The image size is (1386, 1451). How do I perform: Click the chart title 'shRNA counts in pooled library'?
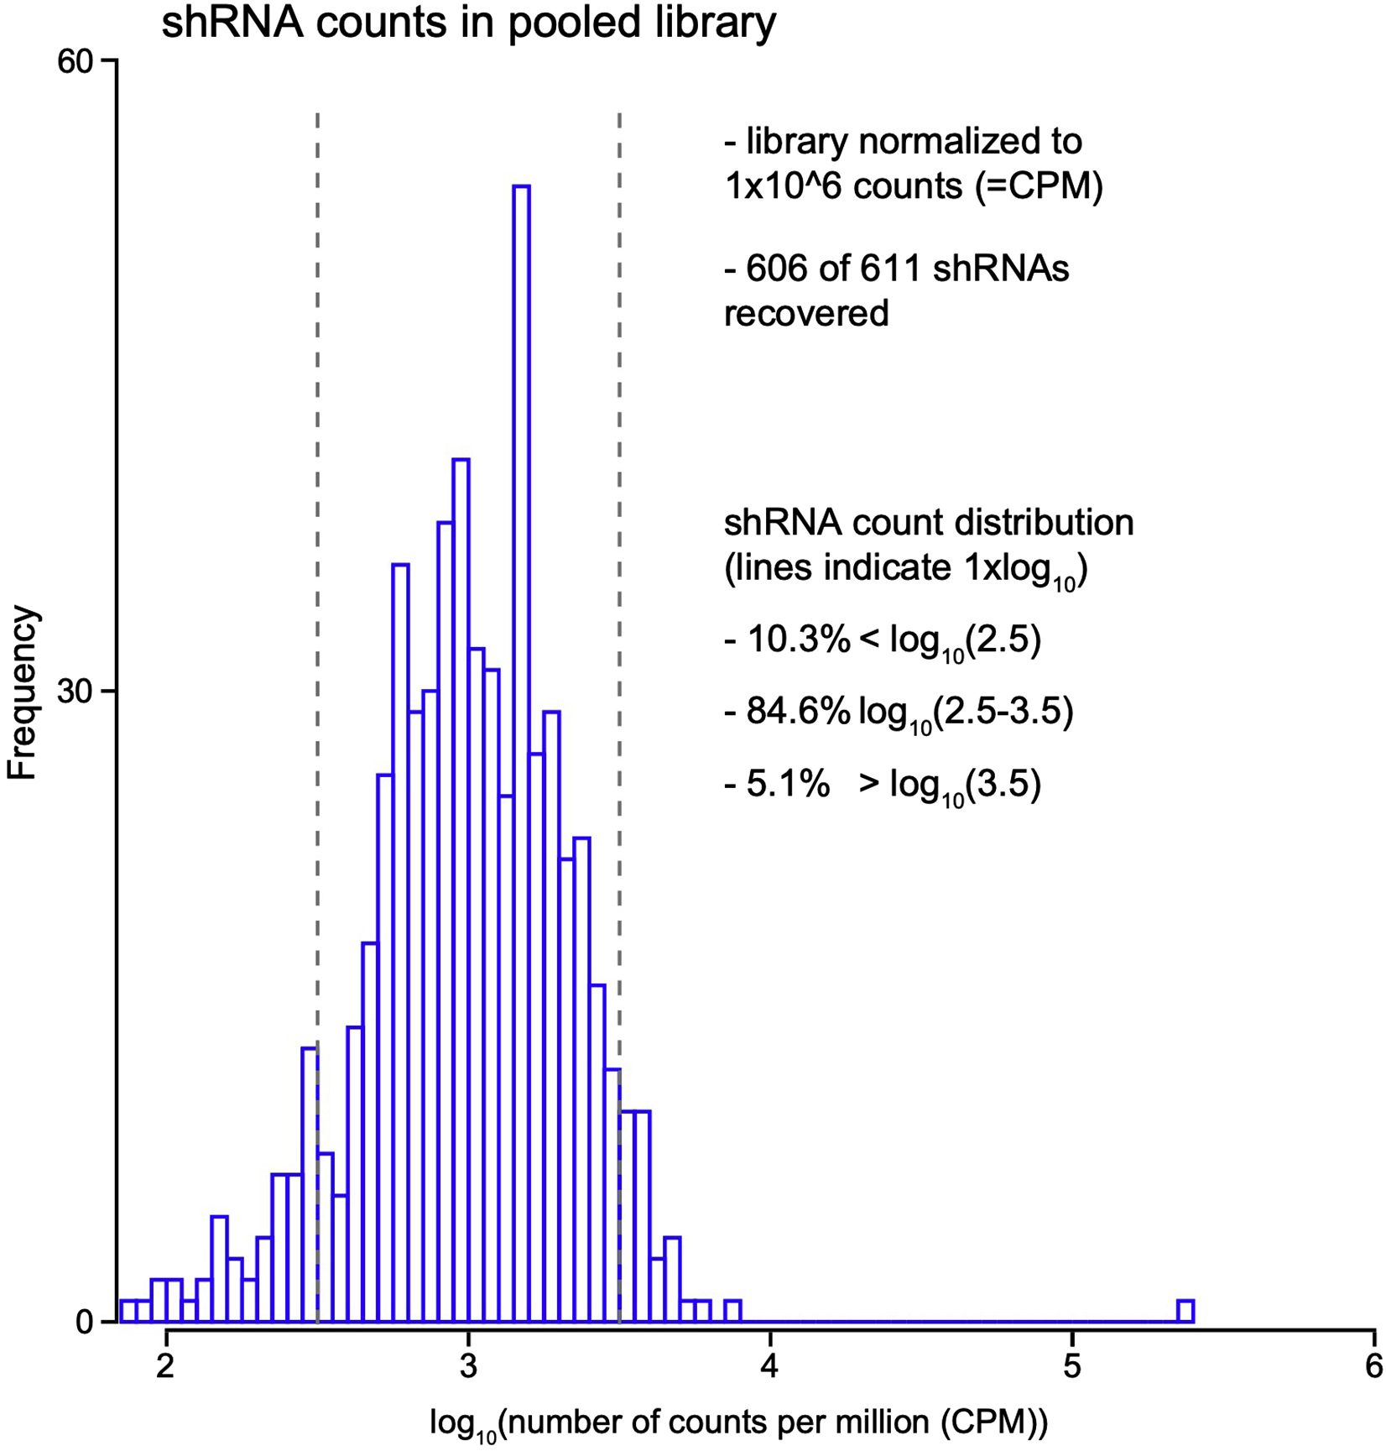[468, 23]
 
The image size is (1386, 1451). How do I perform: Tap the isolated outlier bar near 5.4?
[1185, 1311]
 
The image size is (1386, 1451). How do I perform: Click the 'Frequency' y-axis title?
[23, 692]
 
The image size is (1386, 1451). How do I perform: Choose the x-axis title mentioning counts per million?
[738, 1422]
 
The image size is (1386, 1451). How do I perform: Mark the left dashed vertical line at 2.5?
[317, 587]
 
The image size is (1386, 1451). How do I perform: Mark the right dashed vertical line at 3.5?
[619, 587]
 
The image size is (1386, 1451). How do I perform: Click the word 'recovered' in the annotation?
[806, 314]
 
